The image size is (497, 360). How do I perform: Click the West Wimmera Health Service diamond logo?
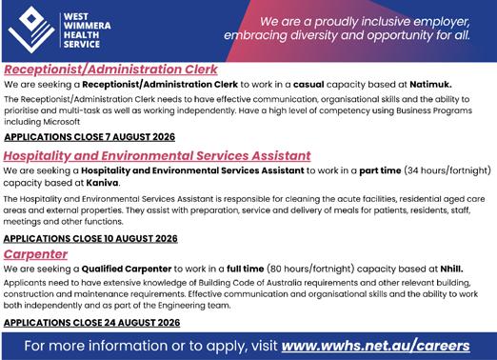pyautogui.click(x=31, y=30)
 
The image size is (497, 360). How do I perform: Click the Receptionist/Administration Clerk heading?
pyautogui.click(x=110, y=70)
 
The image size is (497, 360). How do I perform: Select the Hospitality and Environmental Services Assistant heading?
pyautogui.click(x=157, y=155)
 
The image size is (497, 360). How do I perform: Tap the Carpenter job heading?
pyautogui.click(x=35, y=254)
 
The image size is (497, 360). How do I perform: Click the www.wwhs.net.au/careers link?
pyautogui.click(x=375, y=346)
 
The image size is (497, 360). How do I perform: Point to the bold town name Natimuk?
pyautogui.click(x=430, y=85)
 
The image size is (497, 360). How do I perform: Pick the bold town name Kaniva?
pyautogui.click(x=103, y=183)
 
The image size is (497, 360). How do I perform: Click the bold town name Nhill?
pyautogui.click(x=451, y=269)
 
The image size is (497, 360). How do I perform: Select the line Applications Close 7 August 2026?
pyautogui.click(x=89, y=137)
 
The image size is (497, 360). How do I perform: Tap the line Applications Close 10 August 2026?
pyautogui.click(x=90, y=238)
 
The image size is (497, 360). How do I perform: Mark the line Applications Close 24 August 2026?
pyautogui.click(x=91, y=323)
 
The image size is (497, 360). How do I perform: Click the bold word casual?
pyautogui.click(x=308, y=85)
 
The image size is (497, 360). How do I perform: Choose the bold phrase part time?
pyautogui.click(x=380, y=170)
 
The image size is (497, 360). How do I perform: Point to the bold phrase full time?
pyautogui.click(x=245, y=269)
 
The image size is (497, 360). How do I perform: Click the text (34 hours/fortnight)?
pyautogui.click(x=447, y=170)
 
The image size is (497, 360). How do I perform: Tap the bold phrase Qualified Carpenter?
pyautogui.click(x=127, y=269)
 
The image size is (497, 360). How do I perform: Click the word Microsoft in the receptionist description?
pyautogui.click(x=62, y=122)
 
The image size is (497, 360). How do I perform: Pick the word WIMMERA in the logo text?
pyautogui.click(x=88, y=26)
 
